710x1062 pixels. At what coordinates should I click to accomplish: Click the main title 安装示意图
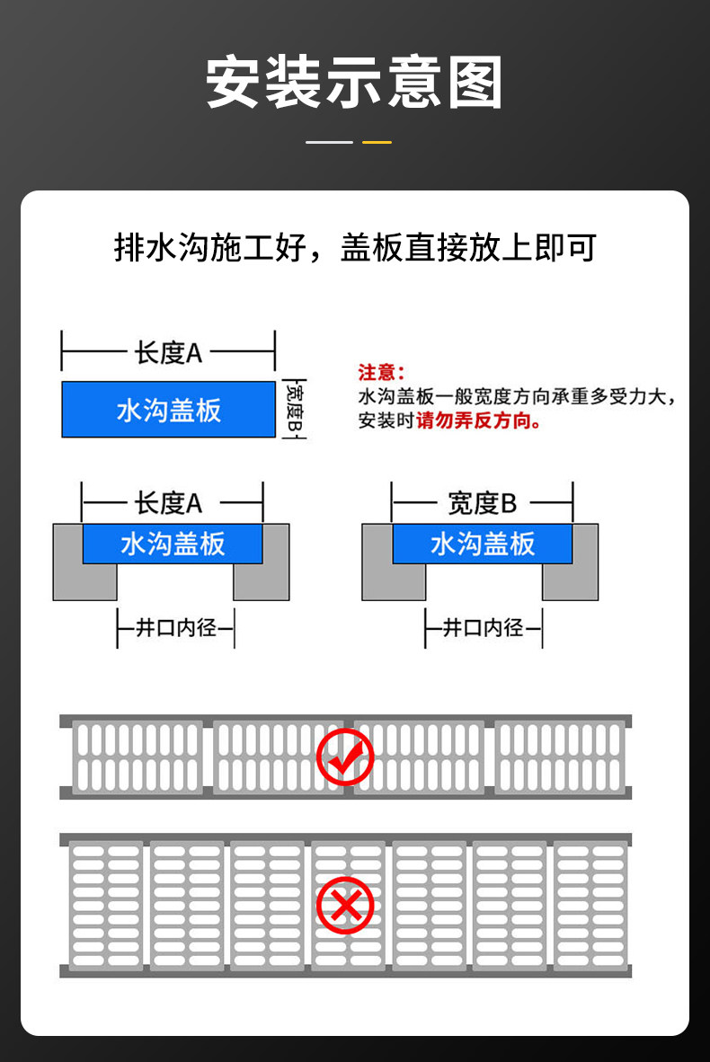(x=354, y=83)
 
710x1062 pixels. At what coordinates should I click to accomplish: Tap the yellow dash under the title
(x=377, y=142)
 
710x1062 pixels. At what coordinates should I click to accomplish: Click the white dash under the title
(x=329, y=142)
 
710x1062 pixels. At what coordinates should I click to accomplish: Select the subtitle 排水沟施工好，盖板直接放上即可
(x=355, y=247)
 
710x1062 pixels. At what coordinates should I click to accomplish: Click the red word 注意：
(x=381, y=372)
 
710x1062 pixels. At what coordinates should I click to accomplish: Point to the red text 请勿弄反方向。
(x=478, y=420)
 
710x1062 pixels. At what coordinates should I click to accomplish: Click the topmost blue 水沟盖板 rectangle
(x=168, y=410)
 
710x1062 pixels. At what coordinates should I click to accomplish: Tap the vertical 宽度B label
(x=292, y=409)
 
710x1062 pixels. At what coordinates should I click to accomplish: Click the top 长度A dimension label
(x=168, y=353)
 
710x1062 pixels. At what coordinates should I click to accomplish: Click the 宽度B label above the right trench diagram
(x=482, y=503)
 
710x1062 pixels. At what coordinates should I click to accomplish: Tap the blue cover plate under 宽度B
(x=482, y=544)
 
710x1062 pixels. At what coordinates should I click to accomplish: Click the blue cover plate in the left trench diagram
(x=173, y=544)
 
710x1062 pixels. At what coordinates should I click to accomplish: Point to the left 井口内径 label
(x=175, y=627)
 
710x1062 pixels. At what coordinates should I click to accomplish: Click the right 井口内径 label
(x=484, y=627)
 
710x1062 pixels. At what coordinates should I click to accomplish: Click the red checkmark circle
(x=345, y=757)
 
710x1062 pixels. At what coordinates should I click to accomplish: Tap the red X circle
(x=345, y=906)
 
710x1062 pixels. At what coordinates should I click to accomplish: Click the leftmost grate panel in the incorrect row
(x=106, y=906)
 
